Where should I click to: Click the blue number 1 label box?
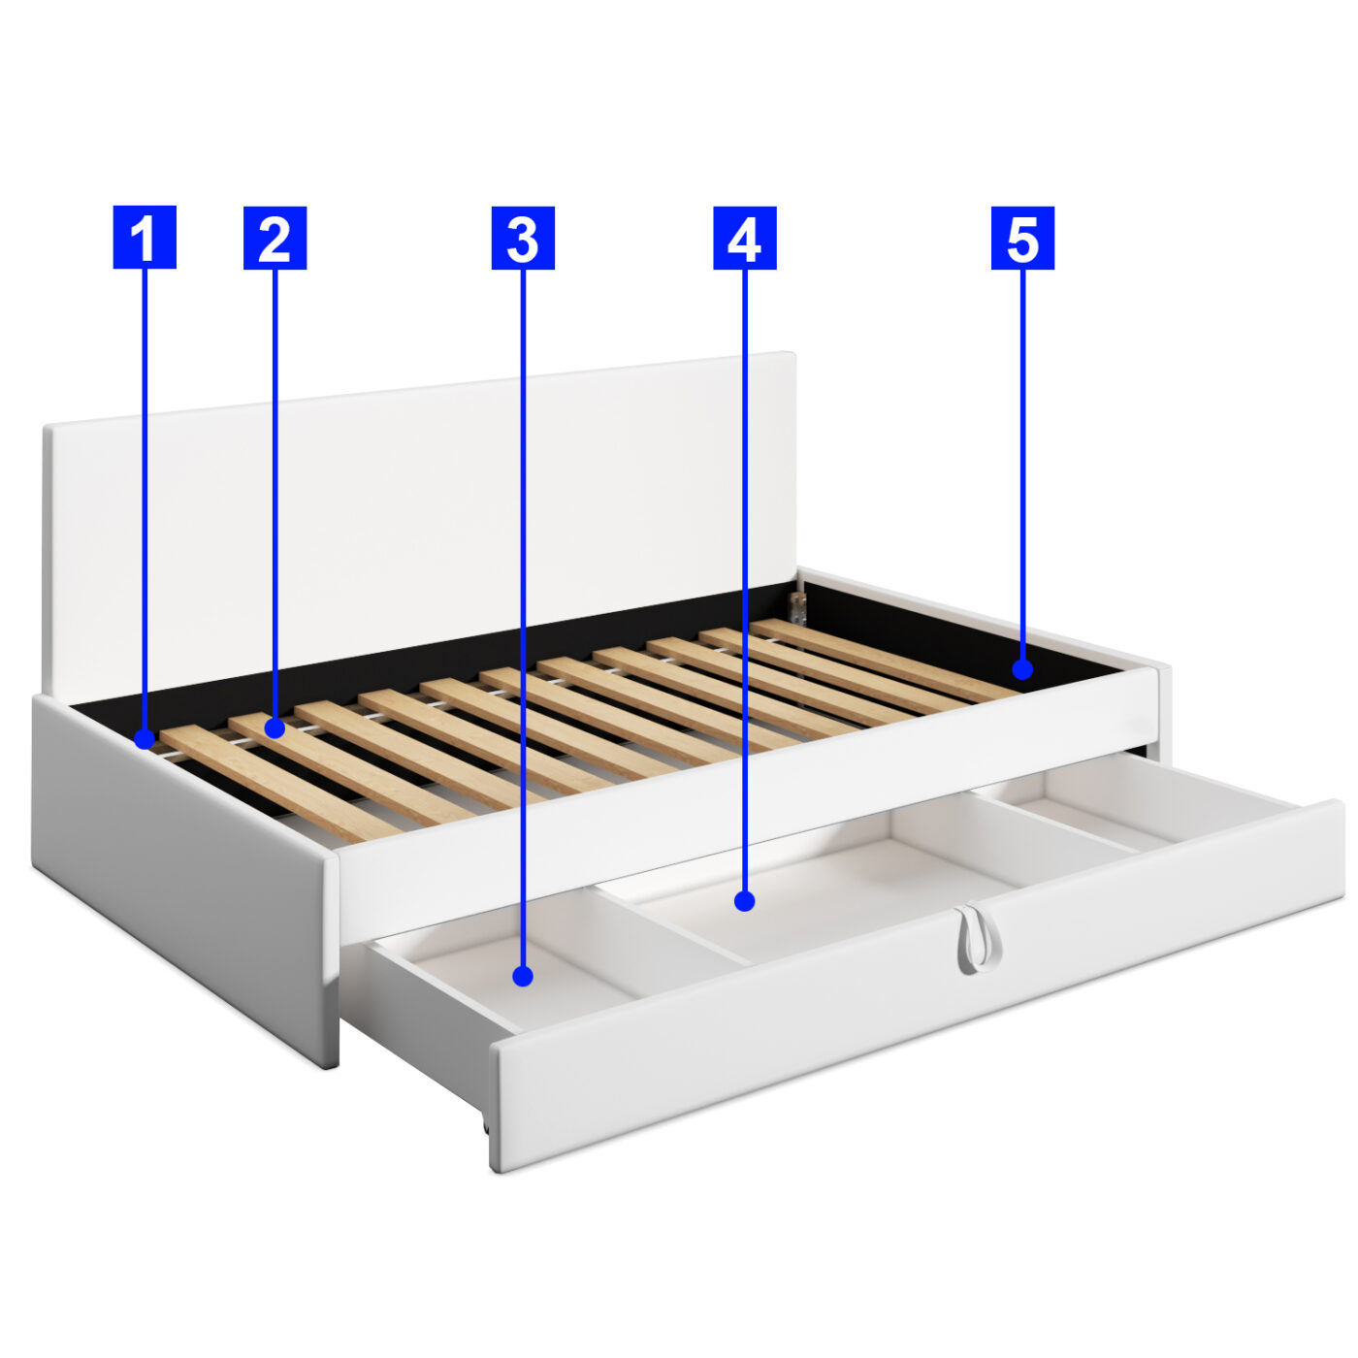(x=145, y=237)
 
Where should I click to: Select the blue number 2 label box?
(x=275, y=238)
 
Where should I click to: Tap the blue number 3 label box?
(x=523, y=238)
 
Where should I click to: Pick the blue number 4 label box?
(x=745, y=238)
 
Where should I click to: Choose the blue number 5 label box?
(x=1022, y=238)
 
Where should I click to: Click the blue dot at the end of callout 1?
(x=145, y=739)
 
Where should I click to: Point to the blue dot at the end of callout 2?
(x=275, y=727)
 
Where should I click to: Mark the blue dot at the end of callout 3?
(x=523, y=976)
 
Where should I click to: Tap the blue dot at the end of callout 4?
(x=745, y=900)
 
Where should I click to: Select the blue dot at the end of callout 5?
(x=1022, y=669)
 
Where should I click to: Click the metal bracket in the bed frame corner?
(x=797, y=607)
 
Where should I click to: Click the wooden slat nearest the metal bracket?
(x=881, y=659)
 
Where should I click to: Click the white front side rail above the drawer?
(x=747, y=803)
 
